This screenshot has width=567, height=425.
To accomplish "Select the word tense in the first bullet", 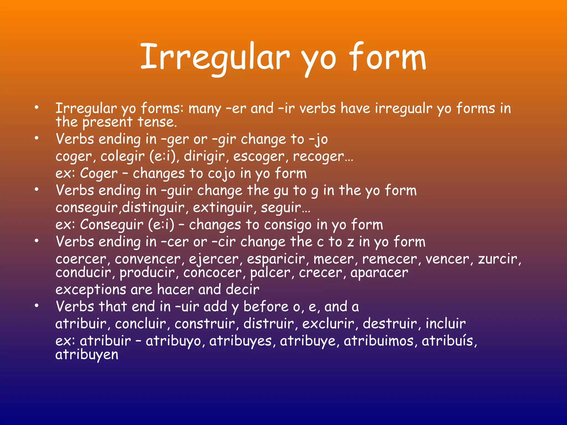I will [157, 122].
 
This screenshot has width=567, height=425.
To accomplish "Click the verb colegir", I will [122, 157].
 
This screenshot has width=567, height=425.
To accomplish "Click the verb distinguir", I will [154, 208].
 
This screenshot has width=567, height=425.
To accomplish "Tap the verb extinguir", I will [223, 208].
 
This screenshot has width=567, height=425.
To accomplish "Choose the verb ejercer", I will [213, 259].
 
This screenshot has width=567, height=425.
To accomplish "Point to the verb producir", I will [147, 273].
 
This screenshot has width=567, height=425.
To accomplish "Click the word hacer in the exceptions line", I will [175, 290].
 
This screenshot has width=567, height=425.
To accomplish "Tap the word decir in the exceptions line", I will [243, 290].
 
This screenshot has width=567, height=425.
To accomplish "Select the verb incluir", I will [445, 324].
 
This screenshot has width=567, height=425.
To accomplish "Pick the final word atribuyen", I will [87, 355].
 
